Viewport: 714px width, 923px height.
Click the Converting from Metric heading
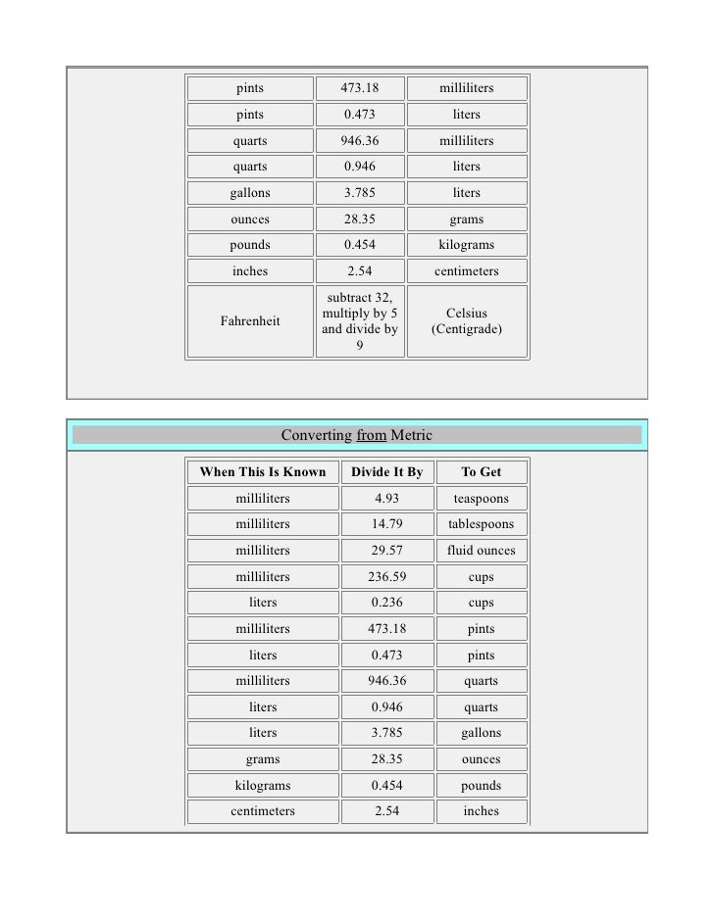[356, 435]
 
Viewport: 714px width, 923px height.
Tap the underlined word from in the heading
[371, 435]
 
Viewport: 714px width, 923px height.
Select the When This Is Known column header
[263, 472]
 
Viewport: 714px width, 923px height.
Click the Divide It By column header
[386, 472]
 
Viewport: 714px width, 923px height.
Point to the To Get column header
[481, 472]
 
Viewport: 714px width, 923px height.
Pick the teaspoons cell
[481, 498]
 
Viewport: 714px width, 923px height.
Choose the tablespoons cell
[481, 524]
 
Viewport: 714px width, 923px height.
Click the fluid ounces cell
[481, 551]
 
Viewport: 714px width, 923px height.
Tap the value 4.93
[386, 498]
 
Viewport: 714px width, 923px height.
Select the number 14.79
[386, 524]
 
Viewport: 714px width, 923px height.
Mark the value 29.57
[386, 551]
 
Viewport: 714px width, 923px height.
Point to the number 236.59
[386, 577]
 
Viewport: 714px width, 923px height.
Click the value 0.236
[386, 603]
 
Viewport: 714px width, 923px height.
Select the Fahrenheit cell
[250, 320]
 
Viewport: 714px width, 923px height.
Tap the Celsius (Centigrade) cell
[467, 320]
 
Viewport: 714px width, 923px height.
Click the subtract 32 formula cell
[360, 320]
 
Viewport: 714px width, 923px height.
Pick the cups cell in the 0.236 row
[481, 603]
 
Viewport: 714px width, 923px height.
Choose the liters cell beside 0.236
[263, 603]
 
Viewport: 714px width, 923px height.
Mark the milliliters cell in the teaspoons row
[263, 498]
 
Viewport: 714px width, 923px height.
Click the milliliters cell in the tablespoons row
[263, 524]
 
